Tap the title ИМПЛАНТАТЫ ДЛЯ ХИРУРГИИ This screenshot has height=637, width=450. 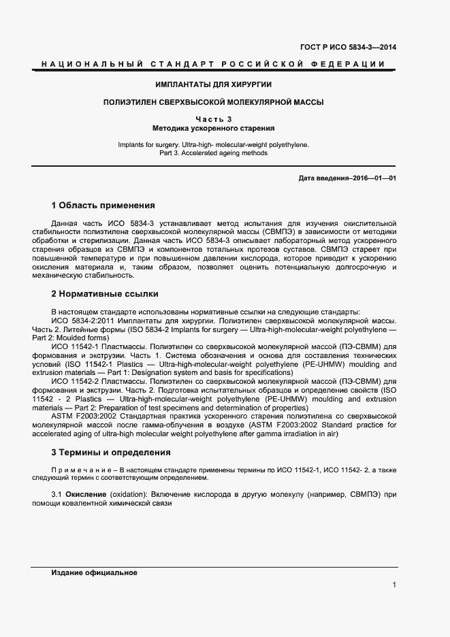pos(214,84)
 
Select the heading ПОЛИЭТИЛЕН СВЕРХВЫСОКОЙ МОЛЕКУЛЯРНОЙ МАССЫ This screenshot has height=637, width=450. pos(213,102)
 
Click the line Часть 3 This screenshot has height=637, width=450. pos(214,119)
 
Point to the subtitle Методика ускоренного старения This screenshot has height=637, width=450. pos(214,128)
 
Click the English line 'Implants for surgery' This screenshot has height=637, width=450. pos(213,144)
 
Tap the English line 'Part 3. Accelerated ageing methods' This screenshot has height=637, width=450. pos(213,153)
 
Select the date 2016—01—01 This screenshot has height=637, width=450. pos(373,178)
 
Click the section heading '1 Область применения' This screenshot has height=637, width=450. pos(103,206)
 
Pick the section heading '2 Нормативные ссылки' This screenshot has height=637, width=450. pos(105,294)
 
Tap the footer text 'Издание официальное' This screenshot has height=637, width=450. pos(94,573)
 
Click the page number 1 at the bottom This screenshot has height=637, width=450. pos(394,585)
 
